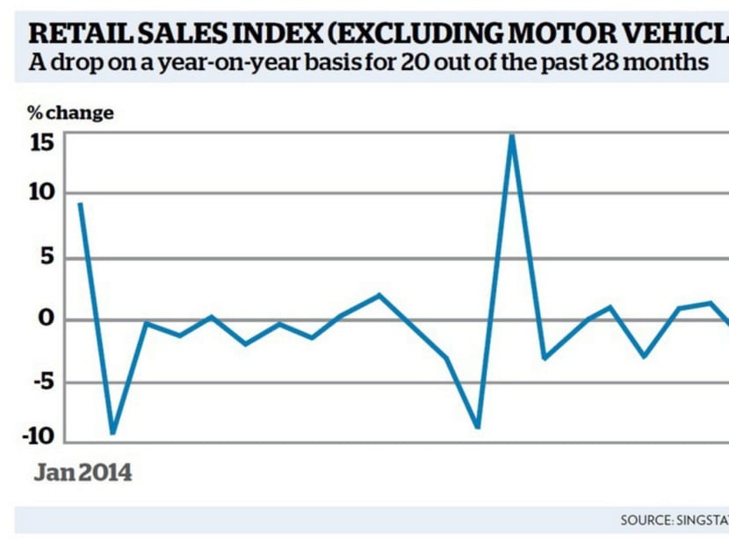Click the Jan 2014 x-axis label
[x=83, y=473]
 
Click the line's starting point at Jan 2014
[x=80, y=204]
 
